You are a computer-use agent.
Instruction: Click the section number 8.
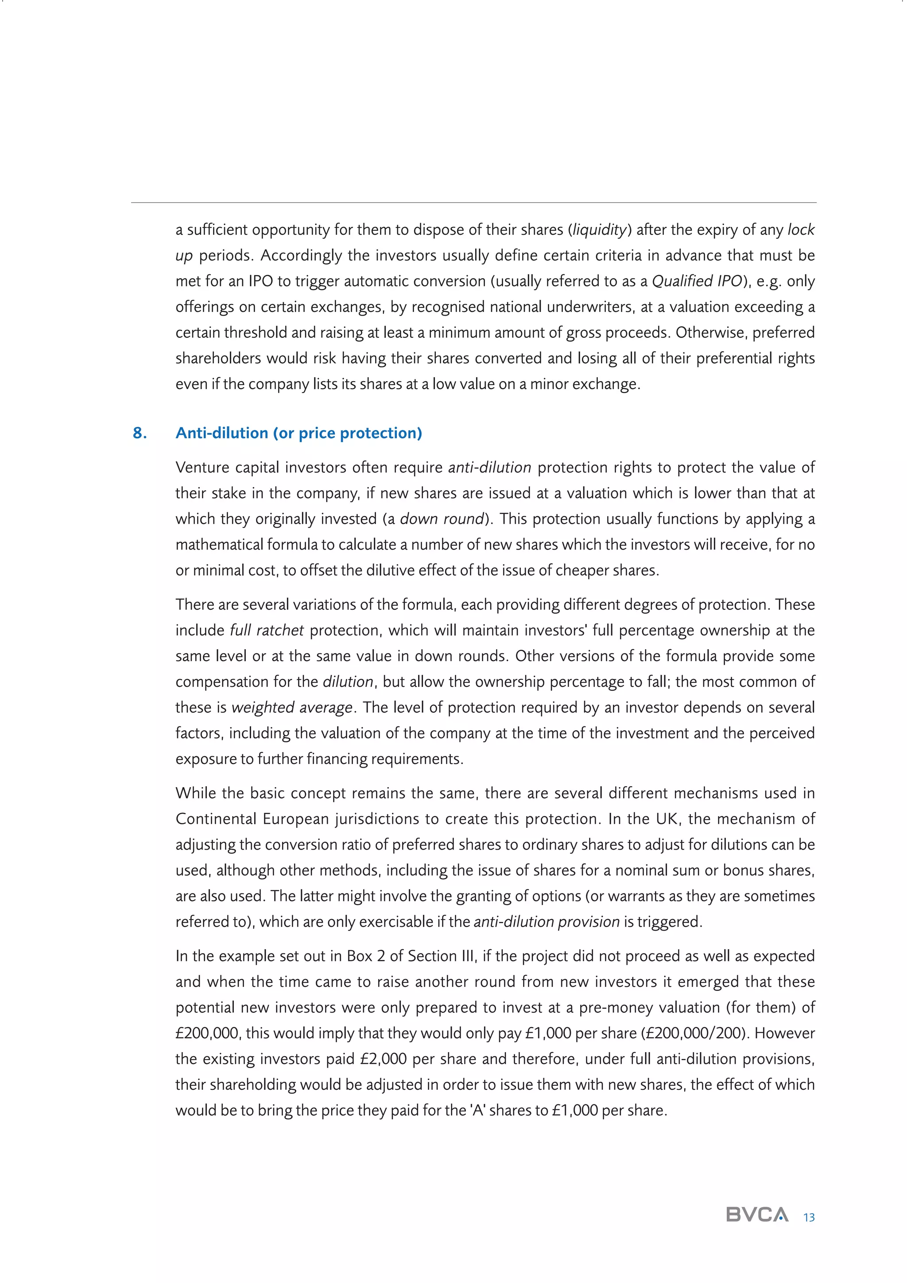(x=140, y=433)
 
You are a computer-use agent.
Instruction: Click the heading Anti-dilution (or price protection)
(x=299, y=433)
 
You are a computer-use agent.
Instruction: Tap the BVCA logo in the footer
(x=757, y=1214)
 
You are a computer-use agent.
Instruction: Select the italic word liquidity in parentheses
(x=599, y=230)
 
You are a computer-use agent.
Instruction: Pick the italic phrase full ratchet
(x=267, y=630)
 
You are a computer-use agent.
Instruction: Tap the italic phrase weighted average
(x=291, y=707)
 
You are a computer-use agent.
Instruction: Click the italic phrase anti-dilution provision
(x=546, y=921)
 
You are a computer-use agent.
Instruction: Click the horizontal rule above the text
(x=473, y=202)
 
